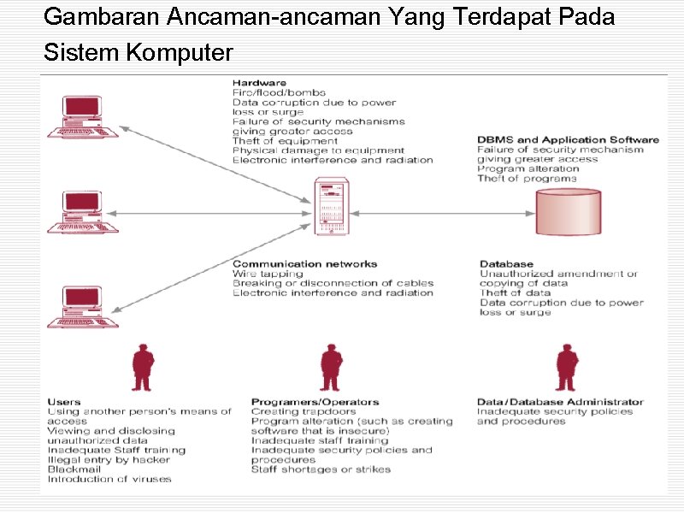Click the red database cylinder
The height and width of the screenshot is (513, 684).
pyautogui.click(x=568, y=211)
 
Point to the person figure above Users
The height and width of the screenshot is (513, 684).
pyautogui.click(x=142, y=368)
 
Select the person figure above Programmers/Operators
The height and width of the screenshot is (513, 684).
pyautogui.click(x=330, y=368)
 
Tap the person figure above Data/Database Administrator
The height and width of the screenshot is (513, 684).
pyautogui.click(x=565, y=368)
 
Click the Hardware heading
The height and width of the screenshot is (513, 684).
pyautogui.click(x=254, y=83)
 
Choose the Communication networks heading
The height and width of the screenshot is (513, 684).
pyautogui.click(x=304, y=264)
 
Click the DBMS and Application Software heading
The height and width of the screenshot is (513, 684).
pyautogui.click(x=568, y=140)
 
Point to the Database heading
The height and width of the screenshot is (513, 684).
pyautogui.click(x=506, y=264)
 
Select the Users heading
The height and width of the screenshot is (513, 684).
pyautogui.click(x=65, y=402)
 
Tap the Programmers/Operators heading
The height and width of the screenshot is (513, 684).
pyautogui.click(x=315, y=402)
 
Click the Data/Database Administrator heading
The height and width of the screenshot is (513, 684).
pyautogui.click(x=560, y=402)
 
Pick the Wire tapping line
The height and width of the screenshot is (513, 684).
pyautogui.click(x=268, y=274)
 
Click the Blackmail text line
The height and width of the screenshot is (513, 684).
pyautogui.click(x=75, y=469)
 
